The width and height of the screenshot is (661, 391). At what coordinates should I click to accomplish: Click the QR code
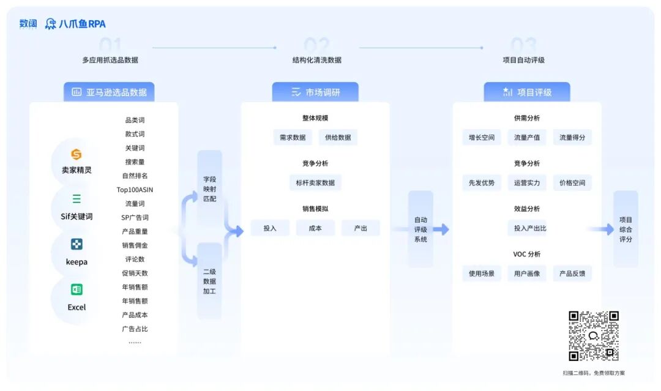593,335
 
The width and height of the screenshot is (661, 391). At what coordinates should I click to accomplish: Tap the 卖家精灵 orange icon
77,154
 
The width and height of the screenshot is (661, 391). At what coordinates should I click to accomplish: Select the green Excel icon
77,289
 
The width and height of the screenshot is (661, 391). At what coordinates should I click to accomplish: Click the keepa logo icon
77,244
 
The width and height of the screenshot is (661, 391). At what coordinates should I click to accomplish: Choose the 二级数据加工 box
209,281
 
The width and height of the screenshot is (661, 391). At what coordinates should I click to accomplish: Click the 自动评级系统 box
420,229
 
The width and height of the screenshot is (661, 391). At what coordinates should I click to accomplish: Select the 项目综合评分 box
626,229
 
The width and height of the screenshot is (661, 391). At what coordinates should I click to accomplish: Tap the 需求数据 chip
293,138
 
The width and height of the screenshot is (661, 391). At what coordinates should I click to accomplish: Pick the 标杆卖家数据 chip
315,182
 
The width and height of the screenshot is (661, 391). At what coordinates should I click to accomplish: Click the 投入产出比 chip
526,228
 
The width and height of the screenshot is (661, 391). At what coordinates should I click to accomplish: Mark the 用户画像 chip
526,274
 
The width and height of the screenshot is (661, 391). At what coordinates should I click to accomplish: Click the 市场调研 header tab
315,92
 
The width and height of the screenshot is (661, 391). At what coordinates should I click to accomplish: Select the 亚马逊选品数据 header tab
109,92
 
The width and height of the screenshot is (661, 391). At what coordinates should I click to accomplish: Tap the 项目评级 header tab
527,92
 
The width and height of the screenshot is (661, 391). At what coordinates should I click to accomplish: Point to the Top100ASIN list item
135,190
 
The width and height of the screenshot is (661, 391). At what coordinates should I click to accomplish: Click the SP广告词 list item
135,217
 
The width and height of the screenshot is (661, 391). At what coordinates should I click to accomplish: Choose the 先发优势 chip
481,182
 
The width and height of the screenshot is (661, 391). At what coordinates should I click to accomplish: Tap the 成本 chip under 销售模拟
315,228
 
